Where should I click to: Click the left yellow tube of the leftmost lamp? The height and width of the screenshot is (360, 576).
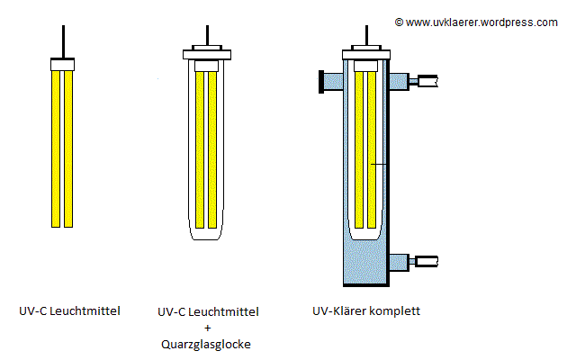(56, 148)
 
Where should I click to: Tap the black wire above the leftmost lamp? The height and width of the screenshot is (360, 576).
(63, 40)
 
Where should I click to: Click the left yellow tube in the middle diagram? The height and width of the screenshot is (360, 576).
(200, 148)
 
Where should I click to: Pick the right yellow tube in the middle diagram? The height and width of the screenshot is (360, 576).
(213, 148)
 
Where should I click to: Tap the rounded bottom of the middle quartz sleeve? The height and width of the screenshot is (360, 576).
(207, 236)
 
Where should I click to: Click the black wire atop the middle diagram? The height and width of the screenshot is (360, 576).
(207, 33)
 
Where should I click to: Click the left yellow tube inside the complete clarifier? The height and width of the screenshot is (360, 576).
(357, 148)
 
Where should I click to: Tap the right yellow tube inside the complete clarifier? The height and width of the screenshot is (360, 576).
(371, 148)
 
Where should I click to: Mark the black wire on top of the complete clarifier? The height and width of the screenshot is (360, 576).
(364, 33)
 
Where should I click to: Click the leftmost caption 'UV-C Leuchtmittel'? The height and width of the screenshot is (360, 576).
(69, 312)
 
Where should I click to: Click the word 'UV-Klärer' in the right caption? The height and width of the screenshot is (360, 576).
(339, 312)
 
